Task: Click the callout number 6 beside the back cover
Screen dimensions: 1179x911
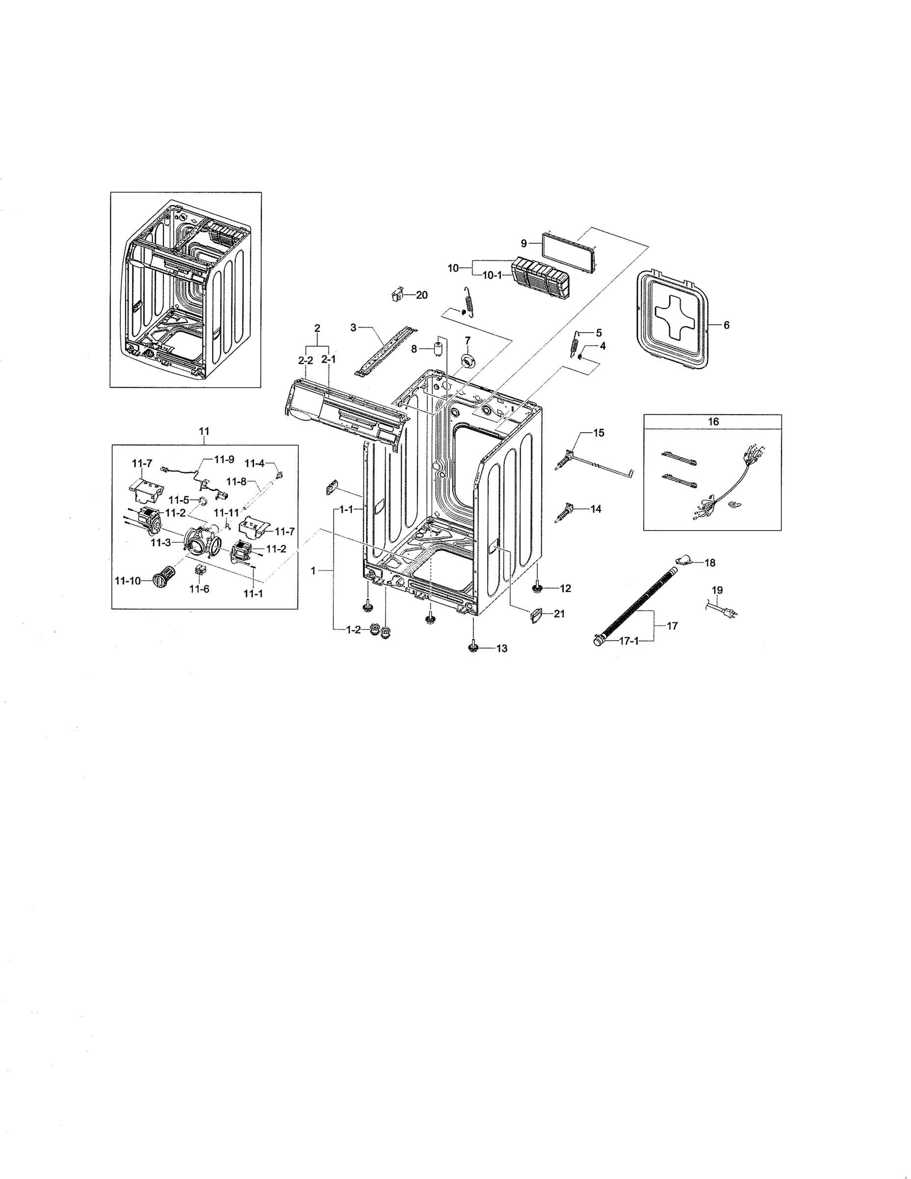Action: (726, 325)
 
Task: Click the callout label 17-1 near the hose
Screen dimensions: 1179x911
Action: (629, 641)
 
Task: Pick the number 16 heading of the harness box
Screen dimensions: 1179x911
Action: (713, 421)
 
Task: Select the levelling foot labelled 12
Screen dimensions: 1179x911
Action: (538, 588)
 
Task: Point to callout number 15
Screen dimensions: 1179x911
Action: (599, 432)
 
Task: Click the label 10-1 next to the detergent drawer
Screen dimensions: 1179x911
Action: (491, 275)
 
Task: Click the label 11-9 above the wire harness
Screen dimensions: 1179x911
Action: (224, 459)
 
